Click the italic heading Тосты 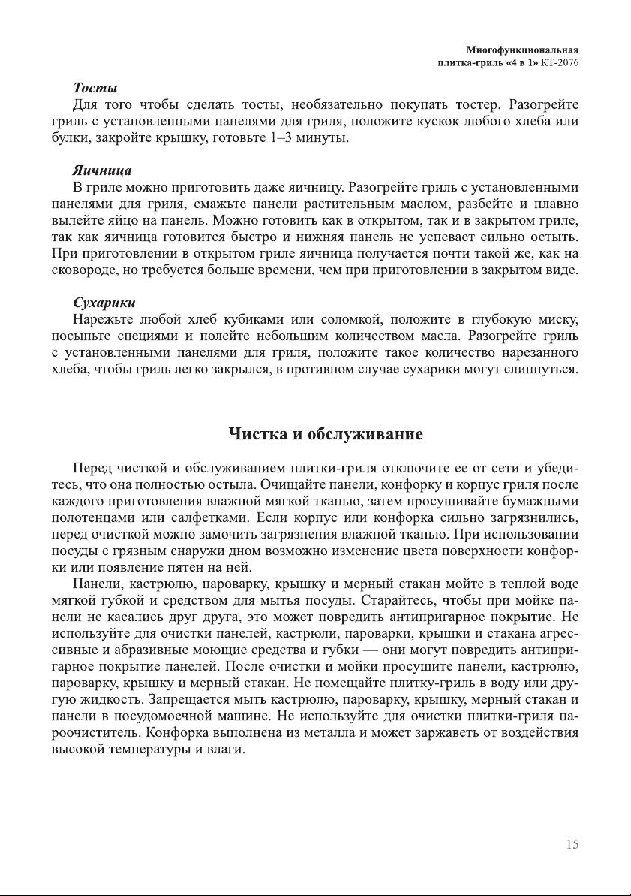(95, 88)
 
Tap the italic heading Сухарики (104, 303)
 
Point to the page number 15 (572, 845)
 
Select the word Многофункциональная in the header (523, 50)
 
